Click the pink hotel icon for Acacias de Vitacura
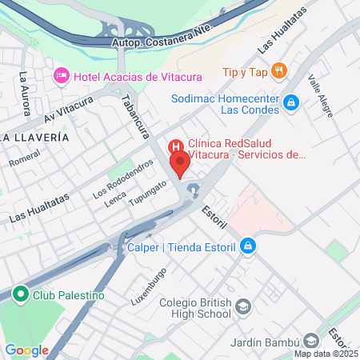pos(61,76)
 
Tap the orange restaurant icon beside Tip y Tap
pos(278,70)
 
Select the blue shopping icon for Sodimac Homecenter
pos(292,102)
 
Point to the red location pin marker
pos(180,163)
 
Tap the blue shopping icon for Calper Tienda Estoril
pos(249,246)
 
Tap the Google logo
pos(26,350)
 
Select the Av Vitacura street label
pos(69,111)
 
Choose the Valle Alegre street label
pos(323,97)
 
